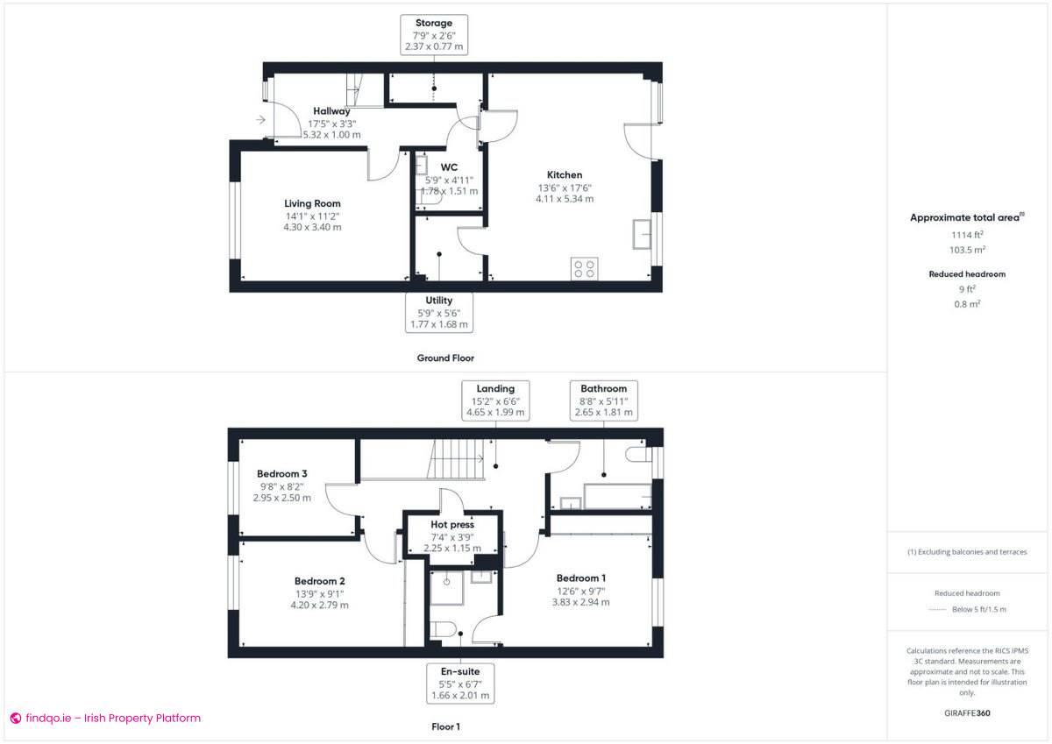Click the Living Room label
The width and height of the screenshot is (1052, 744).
[x=312, y=204]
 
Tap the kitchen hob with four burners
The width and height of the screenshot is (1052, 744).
[x=585, y=268]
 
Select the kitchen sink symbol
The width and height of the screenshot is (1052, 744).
[x=642, y=234]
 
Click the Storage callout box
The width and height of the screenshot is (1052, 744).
[x=434, y=35]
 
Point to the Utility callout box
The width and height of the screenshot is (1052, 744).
[x=438, y=312]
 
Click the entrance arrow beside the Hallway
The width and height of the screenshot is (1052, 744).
[x=261, y=120]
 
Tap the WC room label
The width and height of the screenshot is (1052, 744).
[x=449, y=167]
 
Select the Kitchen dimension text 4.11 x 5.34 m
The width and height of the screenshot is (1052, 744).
[x=565, y=199]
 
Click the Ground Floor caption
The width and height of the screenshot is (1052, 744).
[x=445, y=358]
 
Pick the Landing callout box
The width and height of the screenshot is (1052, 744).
[x=495, y=400]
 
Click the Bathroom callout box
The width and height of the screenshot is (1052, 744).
[x=603, y=400]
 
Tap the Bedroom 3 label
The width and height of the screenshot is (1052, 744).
[x=282, y=474]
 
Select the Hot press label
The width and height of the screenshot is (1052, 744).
[x=452, y=525]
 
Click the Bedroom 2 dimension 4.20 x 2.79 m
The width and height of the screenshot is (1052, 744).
[x=319, y=605]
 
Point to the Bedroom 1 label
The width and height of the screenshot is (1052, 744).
[x=580, y=578]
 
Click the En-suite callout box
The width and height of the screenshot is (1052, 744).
[x=460, y=684]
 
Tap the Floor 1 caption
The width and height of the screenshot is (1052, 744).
[x=445, y=726]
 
